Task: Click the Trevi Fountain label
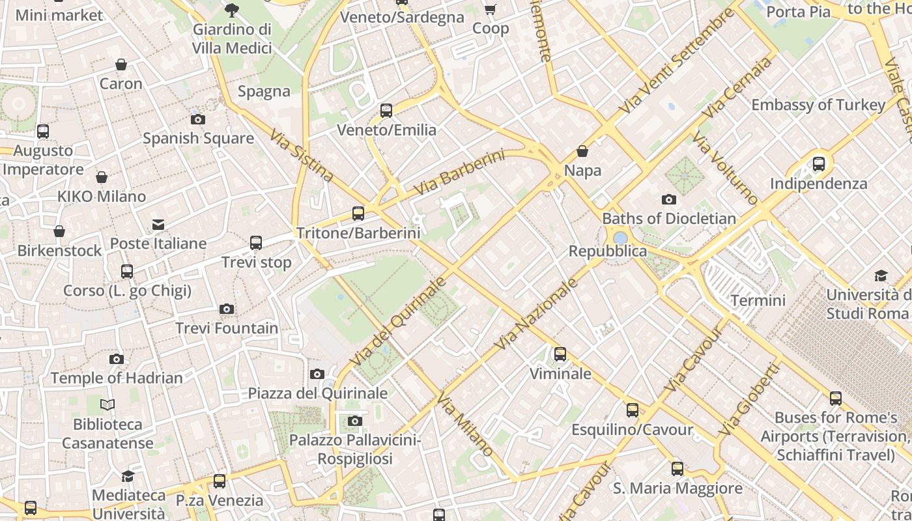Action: click(x=227, y=328)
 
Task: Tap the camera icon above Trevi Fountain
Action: click(x=227, y=309)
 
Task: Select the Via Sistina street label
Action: click(x=302, y=156)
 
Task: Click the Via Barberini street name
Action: click(x=459, y=173)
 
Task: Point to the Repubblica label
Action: click(x=608, y=251)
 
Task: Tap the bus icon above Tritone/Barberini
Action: click(x=358, y=213)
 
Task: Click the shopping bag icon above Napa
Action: click(x=582, y=152)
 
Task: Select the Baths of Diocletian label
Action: click(x=669, y=218)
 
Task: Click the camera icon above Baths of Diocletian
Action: click(x=668, y=199)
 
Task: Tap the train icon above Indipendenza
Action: click(x=819, y=164)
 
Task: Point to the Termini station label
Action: click(x=758, y=300)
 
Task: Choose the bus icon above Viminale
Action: click(x=560, y=354)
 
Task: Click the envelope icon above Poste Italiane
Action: click(x=158, y=225)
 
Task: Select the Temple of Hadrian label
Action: click(x=117, y=378)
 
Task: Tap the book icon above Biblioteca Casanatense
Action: click(x=107, y=405)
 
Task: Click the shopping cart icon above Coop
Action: click(x=490, y=9)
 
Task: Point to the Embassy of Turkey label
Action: click(x=818, y=105)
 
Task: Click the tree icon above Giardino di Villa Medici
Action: click(x=231, y=10)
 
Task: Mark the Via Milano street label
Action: click(x=466, y=424)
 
